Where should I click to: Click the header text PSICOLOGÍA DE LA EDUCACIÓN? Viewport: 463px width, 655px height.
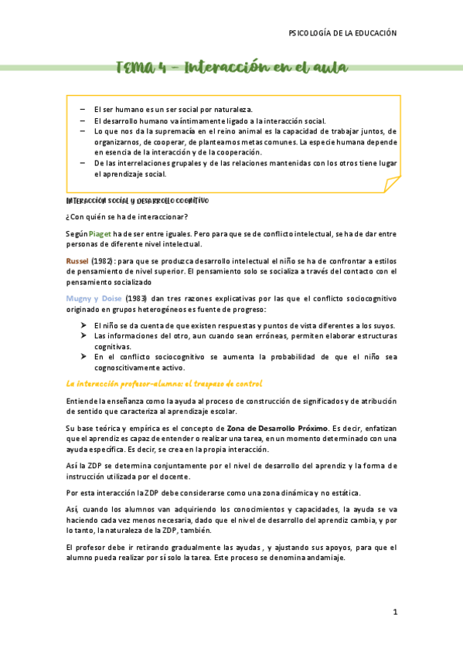[x=342, y=33]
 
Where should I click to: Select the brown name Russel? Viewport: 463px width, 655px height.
[x=77, y=262]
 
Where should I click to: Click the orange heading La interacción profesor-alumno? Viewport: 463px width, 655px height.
[x=164, y=384]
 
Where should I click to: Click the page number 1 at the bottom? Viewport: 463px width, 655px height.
[x=394, y=612]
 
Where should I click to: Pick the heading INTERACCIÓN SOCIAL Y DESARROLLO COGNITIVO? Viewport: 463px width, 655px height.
[x=137, y=200]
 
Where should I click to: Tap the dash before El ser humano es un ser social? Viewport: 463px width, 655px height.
[x=82, y=110]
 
